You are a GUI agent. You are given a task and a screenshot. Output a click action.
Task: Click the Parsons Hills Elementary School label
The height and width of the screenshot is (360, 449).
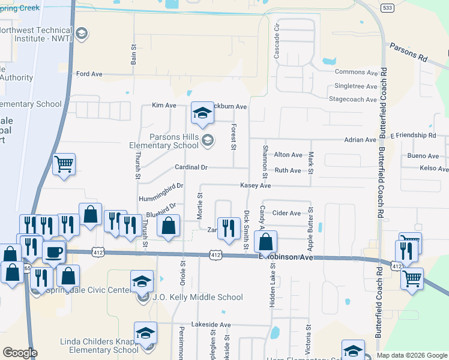pyautogui.click(x=165, y=141)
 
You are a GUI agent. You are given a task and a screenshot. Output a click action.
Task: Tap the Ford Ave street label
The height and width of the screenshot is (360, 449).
pyautogui.click(x=89, y=74)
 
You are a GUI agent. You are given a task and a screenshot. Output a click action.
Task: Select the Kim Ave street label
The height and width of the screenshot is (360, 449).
pyautogui.click(x=164, y=106)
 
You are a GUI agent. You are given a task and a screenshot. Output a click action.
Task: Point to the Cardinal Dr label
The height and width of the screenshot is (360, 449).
pyautogui.click(x=191, y=167)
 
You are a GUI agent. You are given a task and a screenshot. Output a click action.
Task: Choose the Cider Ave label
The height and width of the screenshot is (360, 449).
pyautogui.click(x=286, y=213)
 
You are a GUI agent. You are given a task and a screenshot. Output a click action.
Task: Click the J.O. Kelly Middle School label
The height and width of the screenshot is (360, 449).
pyautogui.click(x=197, y=297)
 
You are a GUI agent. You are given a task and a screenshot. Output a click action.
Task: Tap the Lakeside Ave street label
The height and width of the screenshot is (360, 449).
pyautogui.click(x=211, y=325)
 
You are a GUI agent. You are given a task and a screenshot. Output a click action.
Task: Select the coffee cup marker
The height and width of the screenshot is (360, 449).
pyautogui.click(x=54, y=251)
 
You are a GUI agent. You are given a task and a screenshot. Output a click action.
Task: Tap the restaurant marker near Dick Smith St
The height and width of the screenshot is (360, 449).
pyautogui.click(x=228, y=227)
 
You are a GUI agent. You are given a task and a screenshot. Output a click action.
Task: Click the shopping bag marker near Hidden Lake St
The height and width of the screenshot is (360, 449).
pyautogui.click(x=265, y=242)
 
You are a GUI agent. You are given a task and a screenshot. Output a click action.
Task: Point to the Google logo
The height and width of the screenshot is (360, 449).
pyautogui.click(x=20, y=353)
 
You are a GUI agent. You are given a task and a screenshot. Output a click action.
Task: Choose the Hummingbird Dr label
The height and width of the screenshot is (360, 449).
pyautogui.click(x=160, y=191)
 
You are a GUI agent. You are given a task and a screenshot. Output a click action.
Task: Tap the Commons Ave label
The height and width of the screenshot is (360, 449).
pyautogui.click(x=356, y=73)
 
